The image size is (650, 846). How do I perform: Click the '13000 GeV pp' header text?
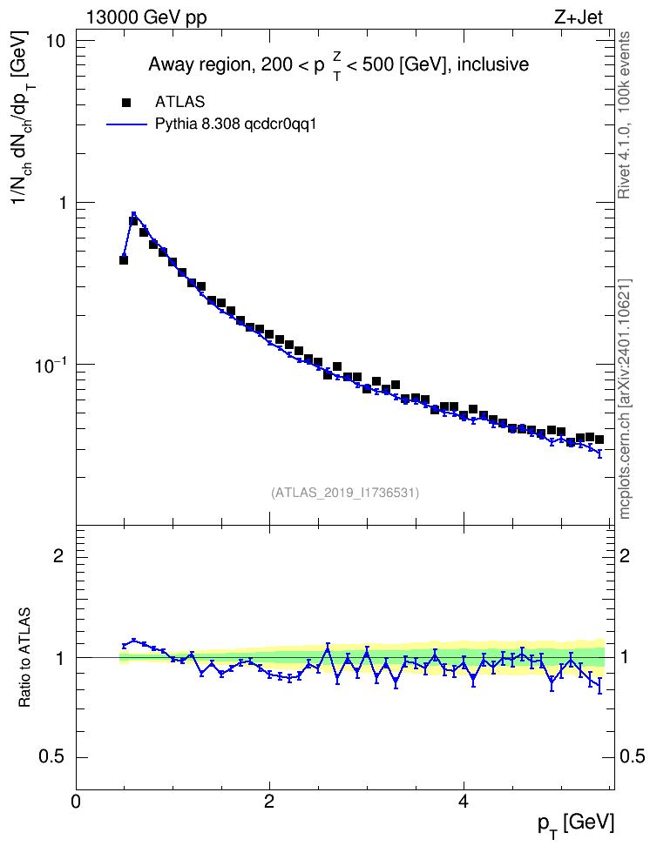146,17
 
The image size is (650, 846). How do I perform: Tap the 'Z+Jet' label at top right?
579,17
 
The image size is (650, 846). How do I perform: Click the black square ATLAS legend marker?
125,102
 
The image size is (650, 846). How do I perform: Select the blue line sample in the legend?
126,124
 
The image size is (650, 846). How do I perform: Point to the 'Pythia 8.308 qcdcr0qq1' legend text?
235,124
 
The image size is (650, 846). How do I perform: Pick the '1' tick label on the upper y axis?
60,203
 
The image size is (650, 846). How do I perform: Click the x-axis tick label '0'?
76,802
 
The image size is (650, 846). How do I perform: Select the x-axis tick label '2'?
269,802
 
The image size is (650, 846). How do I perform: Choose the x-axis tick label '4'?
463,802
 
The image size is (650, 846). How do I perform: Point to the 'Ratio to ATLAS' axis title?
25,657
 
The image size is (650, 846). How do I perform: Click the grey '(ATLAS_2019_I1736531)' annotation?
345,493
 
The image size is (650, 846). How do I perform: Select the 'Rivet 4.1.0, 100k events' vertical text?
624,115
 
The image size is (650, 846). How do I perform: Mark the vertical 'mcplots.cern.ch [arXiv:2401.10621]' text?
625,399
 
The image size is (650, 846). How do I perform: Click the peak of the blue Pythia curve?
133,213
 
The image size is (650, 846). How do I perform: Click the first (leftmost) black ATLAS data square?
124,260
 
